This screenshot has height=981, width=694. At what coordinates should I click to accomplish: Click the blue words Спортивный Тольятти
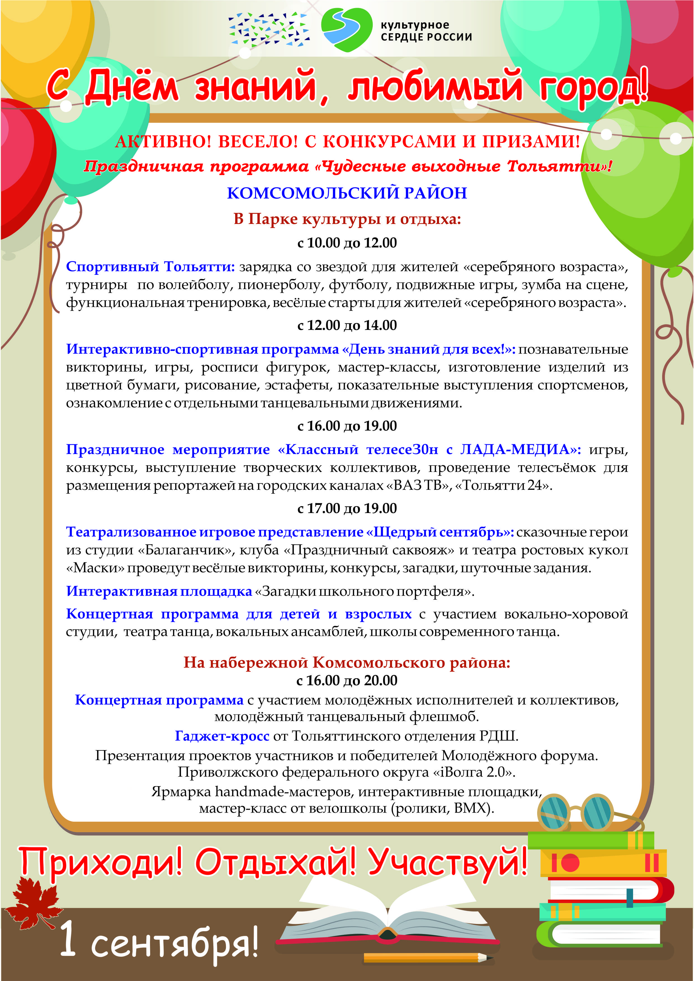click(150, 267)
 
